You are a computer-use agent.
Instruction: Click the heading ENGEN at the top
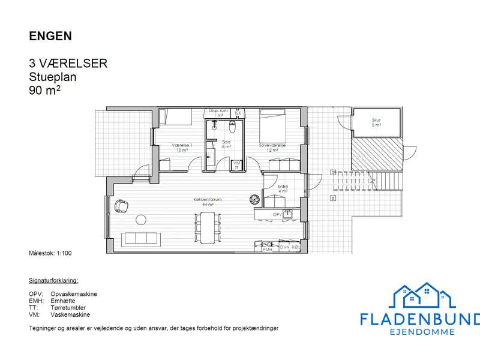(x=50, y=36)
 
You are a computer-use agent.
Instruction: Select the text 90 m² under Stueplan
(x=45, y=91)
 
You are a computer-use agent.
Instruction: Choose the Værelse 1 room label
(x=181, y=148)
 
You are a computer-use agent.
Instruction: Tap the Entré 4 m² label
(x=283, y=189)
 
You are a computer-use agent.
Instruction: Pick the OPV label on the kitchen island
(x=277, y=214)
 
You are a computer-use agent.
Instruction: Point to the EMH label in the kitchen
(x=268, y=249)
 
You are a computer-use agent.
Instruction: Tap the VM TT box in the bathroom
(x=237, y=165)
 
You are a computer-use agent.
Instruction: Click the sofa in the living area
(x=142, y=238)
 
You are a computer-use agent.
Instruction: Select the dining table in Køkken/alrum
(x=206, y=226)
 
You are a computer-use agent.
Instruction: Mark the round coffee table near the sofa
(x=142, y=220)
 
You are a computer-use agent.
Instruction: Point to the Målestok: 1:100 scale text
(x=50, y=253)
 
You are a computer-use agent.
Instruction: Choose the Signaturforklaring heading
(x=53, y=281)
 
